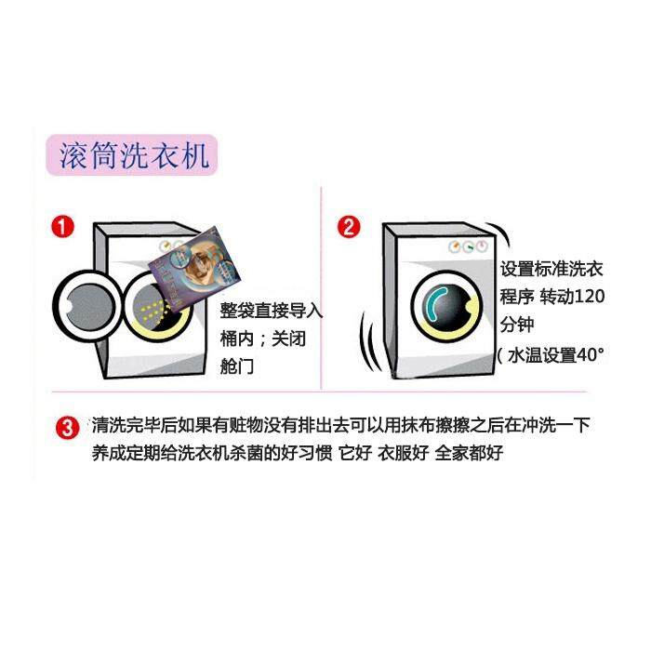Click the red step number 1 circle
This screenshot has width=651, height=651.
tap(62, 227)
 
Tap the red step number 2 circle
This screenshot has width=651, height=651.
tap(349, 227)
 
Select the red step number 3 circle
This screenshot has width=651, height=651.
tap(67, 428)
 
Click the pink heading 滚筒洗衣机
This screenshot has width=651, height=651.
tap(132, 155)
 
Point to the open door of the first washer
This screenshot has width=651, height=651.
tap(88, 305)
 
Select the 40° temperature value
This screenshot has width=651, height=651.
tap(591, 355)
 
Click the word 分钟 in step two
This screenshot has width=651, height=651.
tap(516, 325)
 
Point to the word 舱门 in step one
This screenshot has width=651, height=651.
tap(236, 366)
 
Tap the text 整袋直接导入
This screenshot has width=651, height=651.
tap(272, 311)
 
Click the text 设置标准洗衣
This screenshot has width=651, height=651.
tap(551, 269)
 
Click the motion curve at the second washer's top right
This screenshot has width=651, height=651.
tap(501, 235)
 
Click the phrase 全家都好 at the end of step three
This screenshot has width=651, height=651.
tap(469, 453)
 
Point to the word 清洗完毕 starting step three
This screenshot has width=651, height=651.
tap(126, 425)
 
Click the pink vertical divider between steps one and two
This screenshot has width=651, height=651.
tap(322, 288)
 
